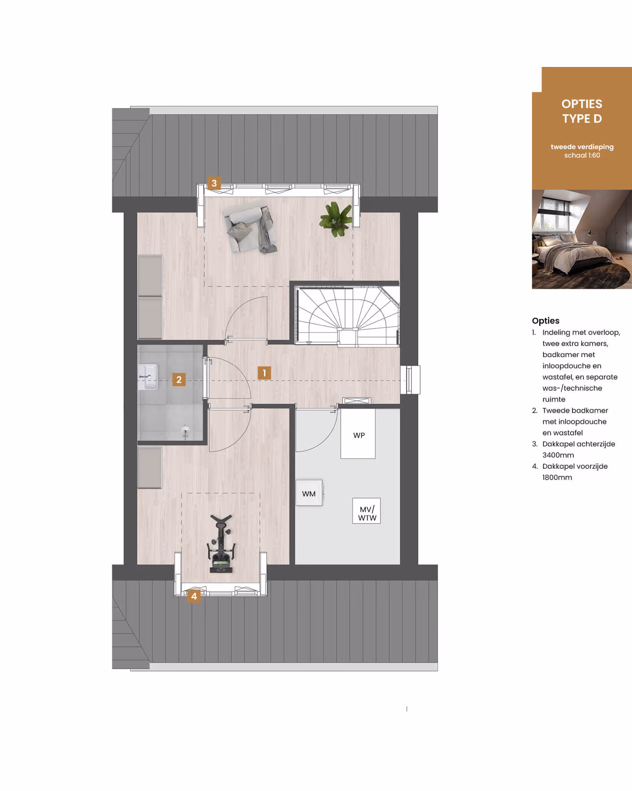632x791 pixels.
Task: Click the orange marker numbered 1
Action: pyautogui.click(x=264, y=373)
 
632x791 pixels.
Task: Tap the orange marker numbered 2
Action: pyautogui.click(x=179, y=379)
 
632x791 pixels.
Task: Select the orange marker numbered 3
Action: pyautogui.click(x=214, y=183)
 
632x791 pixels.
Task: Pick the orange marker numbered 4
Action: pyautogui.click(x=194, y=596)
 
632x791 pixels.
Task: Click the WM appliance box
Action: pyautogui.click(x=309, y=493)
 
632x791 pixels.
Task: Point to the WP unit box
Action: pyautogui.click(x=358, y=434)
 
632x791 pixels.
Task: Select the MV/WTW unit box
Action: pyautogui.click(x=367, y=511)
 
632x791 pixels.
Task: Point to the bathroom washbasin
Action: pyautogui.click(x=148, y=377)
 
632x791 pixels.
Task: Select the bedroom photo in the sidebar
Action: pyautogui.click(x=582, y=239)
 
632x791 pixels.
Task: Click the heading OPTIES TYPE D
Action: pyautogui.click(x=582, y=111)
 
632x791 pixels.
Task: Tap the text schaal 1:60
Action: pyautogui.click(x=582, y=155)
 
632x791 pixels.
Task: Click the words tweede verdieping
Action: pyautogui.click(x=582, y=147)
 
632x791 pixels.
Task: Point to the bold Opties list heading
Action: pyautogui.click(x=545, y=321)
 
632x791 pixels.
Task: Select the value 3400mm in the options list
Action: pyautogui.click(x=558, y=455)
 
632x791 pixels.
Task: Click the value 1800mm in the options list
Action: pyautogui.click(x=557, y=477)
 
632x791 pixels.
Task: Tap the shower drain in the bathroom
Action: pyautogui.click(x=186, y=431)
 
